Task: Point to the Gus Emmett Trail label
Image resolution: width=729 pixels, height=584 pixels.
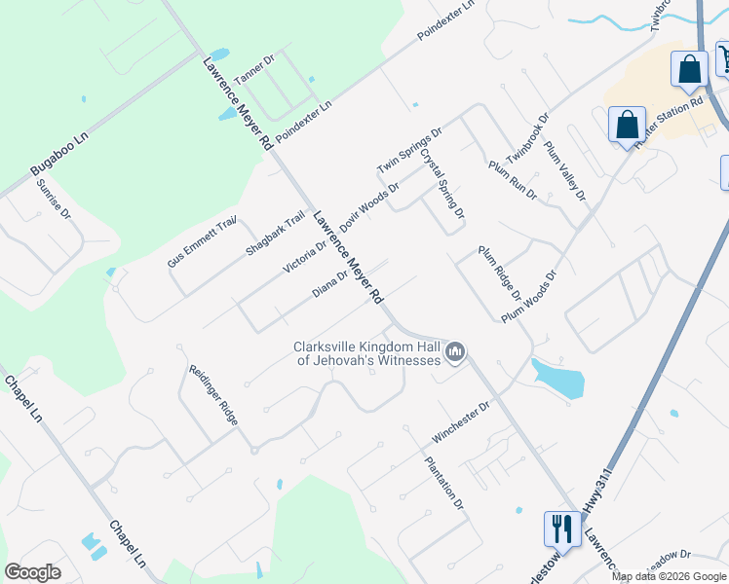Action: [x=203, y=242]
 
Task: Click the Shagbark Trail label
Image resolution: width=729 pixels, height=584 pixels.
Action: [x=276, y=235]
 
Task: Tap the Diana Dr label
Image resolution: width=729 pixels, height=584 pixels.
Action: [x=329, y=283]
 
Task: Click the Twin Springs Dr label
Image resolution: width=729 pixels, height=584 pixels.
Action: [x=410, y=152]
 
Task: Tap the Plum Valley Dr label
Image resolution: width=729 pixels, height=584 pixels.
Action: [x=565, y=171]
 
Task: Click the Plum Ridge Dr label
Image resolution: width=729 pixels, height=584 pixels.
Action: [x=500, y=274]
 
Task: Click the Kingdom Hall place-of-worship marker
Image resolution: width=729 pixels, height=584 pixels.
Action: [x=455, y=352]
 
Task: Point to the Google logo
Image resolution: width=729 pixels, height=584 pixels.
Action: [x=32, y=572]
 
